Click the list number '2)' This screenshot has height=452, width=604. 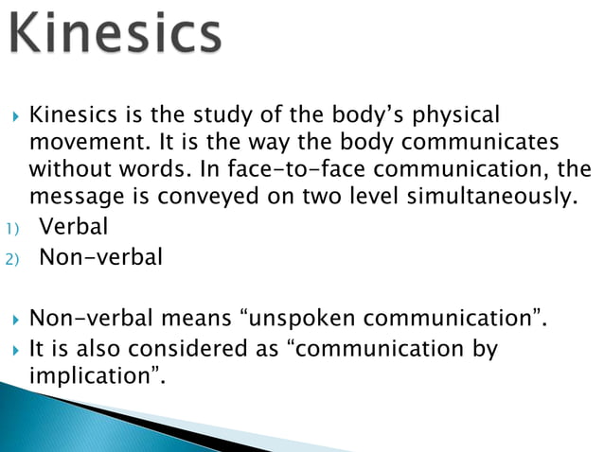coord(10,257)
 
